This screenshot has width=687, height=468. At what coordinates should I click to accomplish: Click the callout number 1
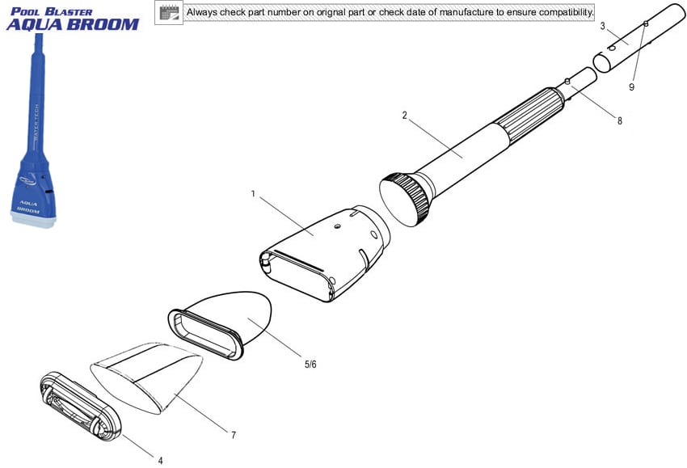click(253, 194)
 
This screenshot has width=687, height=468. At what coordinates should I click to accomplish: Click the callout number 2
click(404, 116)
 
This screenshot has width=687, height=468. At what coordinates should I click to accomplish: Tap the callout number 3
click(602, 27)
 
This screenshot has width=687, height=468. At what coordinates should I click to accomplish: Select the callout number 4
click(160, 461)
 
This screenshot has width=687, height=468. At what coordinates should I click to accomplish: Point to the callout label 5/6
click(310, 365)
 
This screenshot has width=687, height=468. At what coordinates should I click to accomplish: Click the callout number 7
click(234, 435)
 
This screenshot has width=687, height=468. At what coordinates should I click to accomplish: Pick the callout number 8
click(620, 121)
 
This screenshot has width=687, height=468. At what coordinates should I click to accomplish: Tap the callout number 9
click(631, 86)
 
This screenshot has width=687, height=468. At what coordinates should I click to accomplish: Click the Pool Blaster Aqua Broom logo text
click(73, 19)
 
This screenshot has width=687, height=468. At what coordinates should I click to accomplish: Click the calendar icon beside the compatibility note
click(169, 13)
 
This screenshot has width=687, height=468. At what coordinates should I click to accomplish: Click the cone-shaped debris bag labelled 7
click(147, 377)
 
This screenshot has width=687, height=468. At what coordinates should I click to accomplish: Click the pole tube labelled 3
click(639, 37)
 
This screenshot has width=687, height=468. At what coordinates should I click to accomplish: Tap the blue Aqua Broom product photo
click(34, 131)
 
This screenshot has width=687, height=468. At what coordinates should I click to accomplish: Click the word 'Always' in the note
click(202, 12)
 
